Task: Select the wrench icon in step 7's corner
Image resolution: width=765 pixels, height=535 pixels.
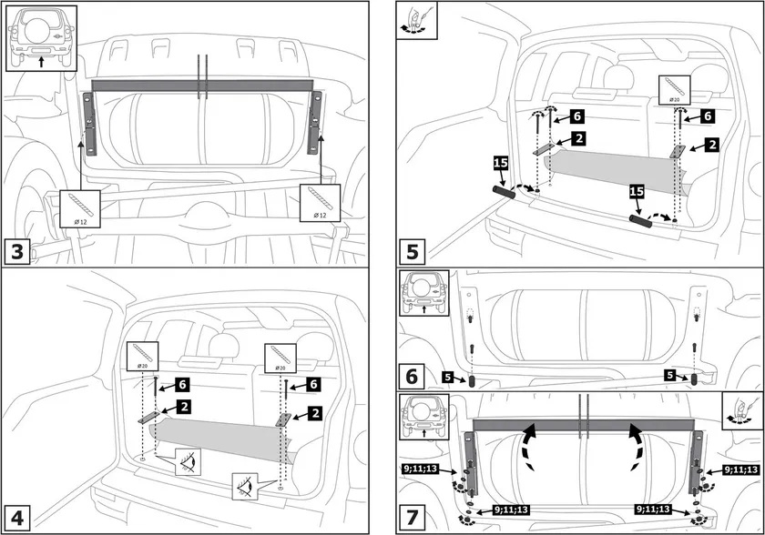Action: click(739, 412)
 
